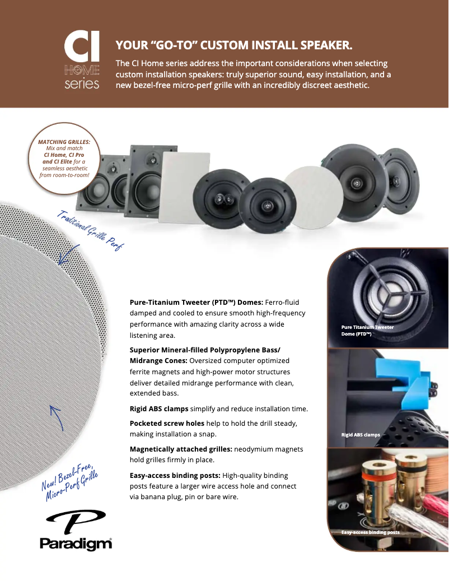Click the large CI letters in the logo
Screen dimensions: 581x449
[82, 48]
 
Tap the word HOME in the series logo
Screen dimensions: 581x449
[82, 71]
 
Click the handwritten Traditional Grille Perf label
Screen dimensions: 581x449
[90, 230]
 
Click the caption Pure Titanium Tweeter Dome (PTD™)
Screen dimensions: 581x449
[368, 330]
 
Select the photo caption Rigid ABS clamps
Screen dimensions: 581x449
[361, 435]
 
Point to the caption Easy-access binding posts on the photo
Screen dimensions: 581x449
[370, 532]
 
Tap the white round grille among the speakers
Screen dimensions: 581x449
[314, 198]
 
